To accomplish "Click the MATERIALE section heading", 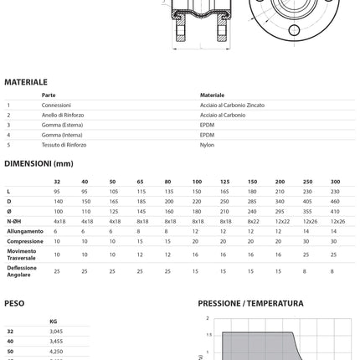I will coord(25,82).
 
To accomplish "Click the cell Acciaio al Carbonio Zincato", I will coord(237,105).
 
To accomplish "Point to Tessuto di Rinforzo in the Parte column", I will coord(64,144).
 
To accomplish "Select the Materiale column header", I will coord(213,95).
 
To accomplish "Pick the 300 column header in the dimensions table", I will coord(335,181).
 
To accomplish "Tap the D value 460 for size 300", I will coord(335,201).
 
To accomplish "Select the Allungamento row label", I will coord(26,230).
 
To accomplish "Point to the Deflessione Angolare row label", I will coord(23,270).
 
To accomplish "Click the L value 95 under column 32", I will coord(57,191).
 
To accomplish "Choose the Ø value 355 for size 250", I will coord(307,211).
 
